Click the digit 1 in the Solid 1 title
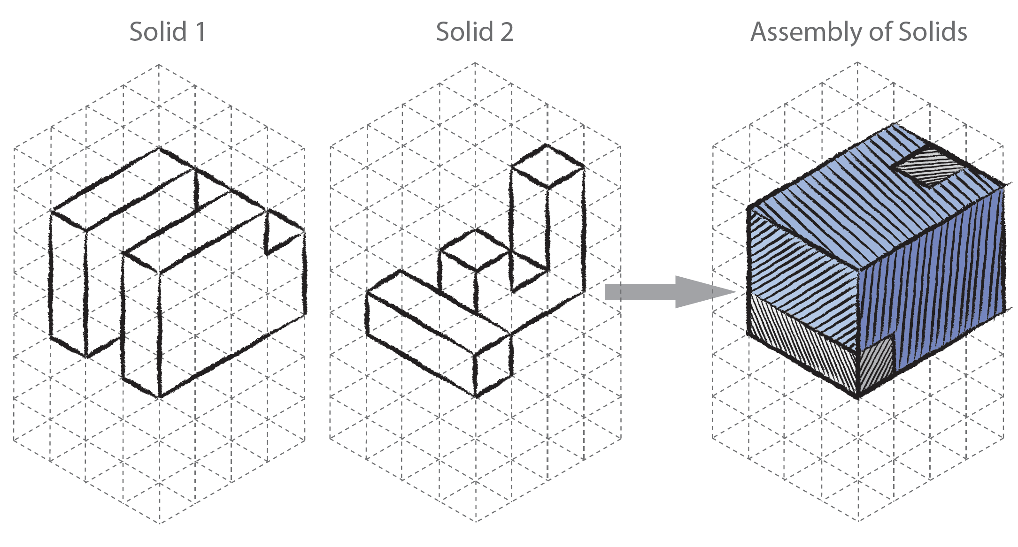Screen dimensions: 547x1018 tap(201, 32)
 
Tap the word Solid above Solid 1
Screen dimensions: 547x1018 tap(158, 32)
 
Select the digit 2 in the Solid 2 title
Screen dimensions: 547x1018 tap(507, 32)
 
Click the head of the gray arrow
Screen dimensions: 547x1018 tap(700, 292)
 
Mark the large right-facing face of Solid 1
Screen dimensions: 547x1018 tap(232, 305)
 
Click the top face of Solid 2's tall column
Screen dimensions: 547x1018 tap(548, 166)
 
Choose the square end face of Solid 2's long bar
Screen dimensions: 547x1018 tap(493, 366)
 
